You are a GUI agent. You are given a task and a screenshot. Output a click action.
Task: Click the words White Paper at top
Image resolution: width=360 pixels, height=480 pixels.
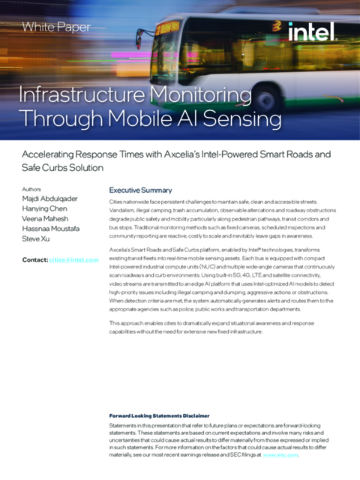pyautogui.click(x=56, y=27)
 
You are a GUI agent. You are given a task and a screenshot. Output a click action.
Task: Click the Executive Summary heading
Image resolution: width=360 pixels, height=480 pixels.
pyautogui.click(x=141, y=190)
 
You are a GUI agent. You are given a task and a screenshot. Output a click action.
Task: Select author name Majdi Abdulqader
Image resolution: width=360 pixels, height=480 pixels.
pyautogui.click(x=53, y=202)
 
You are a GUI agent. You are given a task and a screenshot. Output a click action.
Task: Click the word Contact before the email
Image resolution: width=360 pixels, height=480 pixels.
pyautogui.click(x=34, y=260)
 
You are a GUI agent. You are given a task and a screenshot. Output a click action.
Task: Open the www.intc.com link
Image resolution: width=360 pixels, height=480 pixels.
pyautogui.click(x=282, y=454)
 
